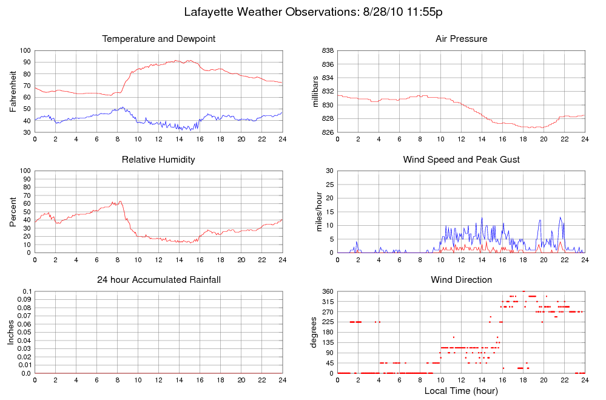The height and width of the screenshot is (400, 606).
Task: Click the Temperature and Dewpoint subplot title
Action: coord(159,39)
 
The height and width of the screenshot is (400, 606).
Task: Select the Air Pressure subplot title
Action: coord(461,39)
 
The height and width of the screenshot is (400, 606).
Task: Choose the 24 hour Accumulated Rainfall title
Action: coord(159,280)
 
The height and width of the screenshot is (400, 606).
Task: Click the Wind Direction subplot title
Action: coord(461,280)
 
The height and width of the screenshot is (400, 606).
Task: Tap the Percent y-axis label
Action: coord(13,211)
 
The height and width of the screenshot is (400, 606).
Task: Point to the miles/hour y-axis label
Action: coord(315,211)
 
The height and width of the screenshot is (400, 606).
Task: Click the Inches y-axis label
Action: coord(11,332)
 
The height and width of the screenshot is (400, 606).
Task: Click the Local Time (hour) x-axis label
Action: coord(461,390)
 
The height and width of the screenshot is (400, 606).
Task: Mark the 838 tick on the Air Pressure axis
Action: coord(328,51)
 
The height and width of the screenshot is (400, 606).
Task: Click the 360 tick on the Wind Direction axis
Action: coord(328,292)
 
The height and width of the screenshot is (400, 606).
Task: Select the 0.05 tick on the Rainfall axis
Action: coord(23,333)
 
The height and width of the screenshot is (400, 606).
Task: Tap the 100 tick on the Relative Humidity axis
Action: coord(25,171)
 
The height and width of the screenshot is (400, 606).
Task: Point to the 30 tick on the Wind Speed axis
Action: coord(329,171)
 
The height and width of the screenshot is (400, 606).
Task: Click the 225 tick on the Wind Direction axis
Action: coord(328,322)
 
